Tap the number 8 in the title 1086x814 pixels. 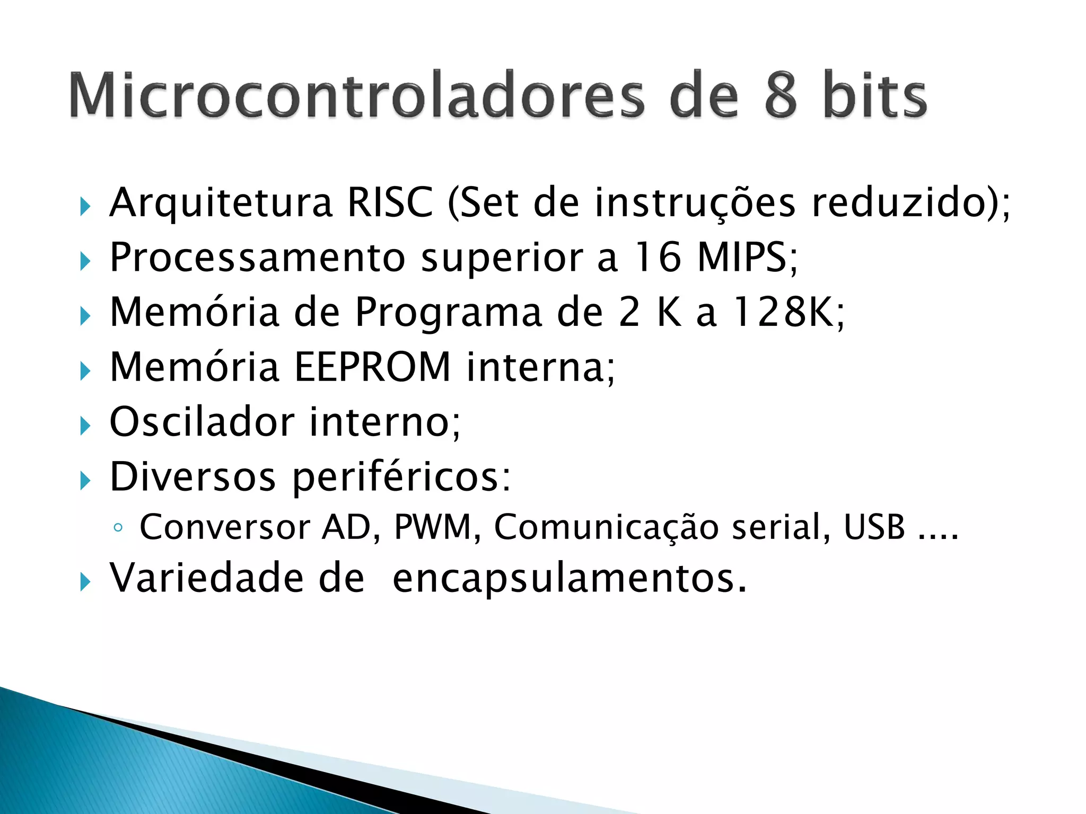(781, 95)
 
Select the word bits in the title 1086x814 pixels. (875, 95)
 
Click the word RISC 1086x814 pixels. (390, 202)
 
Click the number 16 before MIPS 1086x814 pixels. (658, 258)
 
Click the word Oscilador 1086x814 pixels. (202, 422)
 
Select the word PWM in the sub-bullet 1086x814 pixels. (433, 527)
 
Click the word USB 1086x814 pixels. (874, 527)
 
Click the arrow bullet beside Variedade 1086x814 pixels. (85, 582)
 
